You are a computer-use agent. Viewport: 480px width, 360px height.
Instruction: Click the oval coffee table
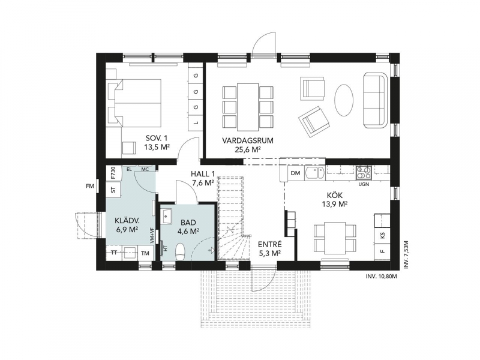(344, 100)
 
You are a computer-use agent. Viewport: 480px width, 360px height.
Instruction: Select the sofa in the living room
(376, 100)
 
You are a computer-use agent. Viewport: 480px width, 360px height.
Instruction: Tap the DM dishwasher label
(295, 173)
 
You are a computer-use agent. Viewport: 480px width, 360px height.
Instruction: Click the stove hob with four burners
(364, 173)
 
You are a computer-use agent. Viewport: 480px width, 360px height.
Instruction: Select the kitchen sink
(315, 173)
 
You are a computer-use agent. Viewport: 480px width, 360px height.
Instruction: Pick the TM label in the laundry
(145, 253)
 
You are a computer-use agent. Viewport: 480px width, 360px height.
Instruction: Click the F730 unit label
(113, 173)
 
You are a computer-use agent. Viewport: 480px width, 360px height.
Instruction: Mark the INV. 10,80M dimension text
(382, 277)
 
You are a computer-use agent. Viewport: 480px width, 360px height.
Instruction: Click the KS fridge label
(382, 236)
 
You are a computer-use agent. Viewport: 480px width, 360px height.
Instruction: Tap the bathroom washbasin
(167, 216)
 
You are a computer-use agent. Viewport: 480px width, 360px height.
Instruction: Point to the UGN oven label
(364, 184)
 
